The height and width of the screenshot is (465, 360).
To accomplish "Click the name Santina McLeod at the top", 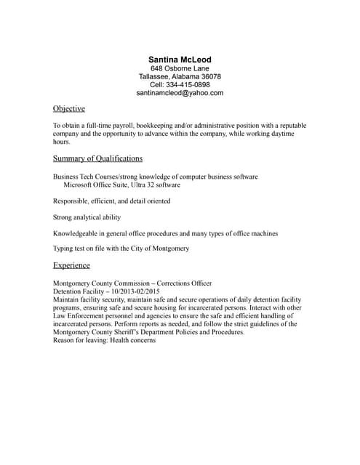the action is (x=180, y=59).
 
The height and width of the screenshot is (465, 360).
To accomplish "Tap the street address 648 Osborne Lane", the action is (x=180, y=68).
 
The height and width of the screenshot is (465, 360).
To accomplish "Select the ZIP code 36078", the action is (x=209, y=77).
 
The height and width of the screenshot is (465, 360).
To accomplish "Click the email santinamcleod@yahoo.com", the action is (x=180, y=94).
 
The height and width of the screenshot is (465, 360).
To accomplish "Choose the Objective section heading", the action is (x=69, y=109).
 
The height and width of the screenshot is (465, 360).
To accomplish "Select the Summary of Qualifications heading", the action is (x=97, y=158).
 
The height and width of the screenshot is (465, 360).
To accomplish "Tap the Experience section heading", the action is (x=71, y=266).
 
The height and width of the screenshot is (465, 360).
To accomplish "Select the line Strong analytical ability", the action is (x=87, y=217).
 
